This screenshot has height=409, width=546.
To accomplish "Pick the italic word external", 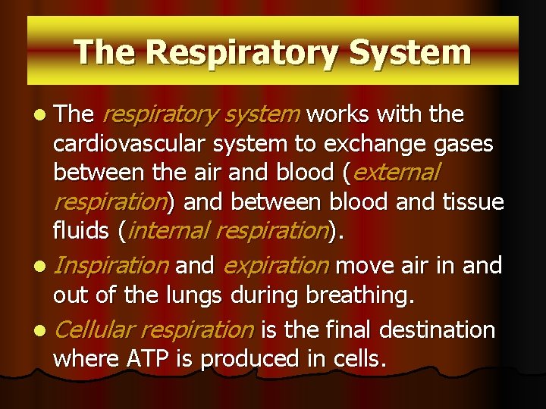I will click(x=396, y=173).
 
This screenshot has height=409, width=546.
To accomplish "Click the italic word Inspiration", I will click(x=112, y=266).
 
